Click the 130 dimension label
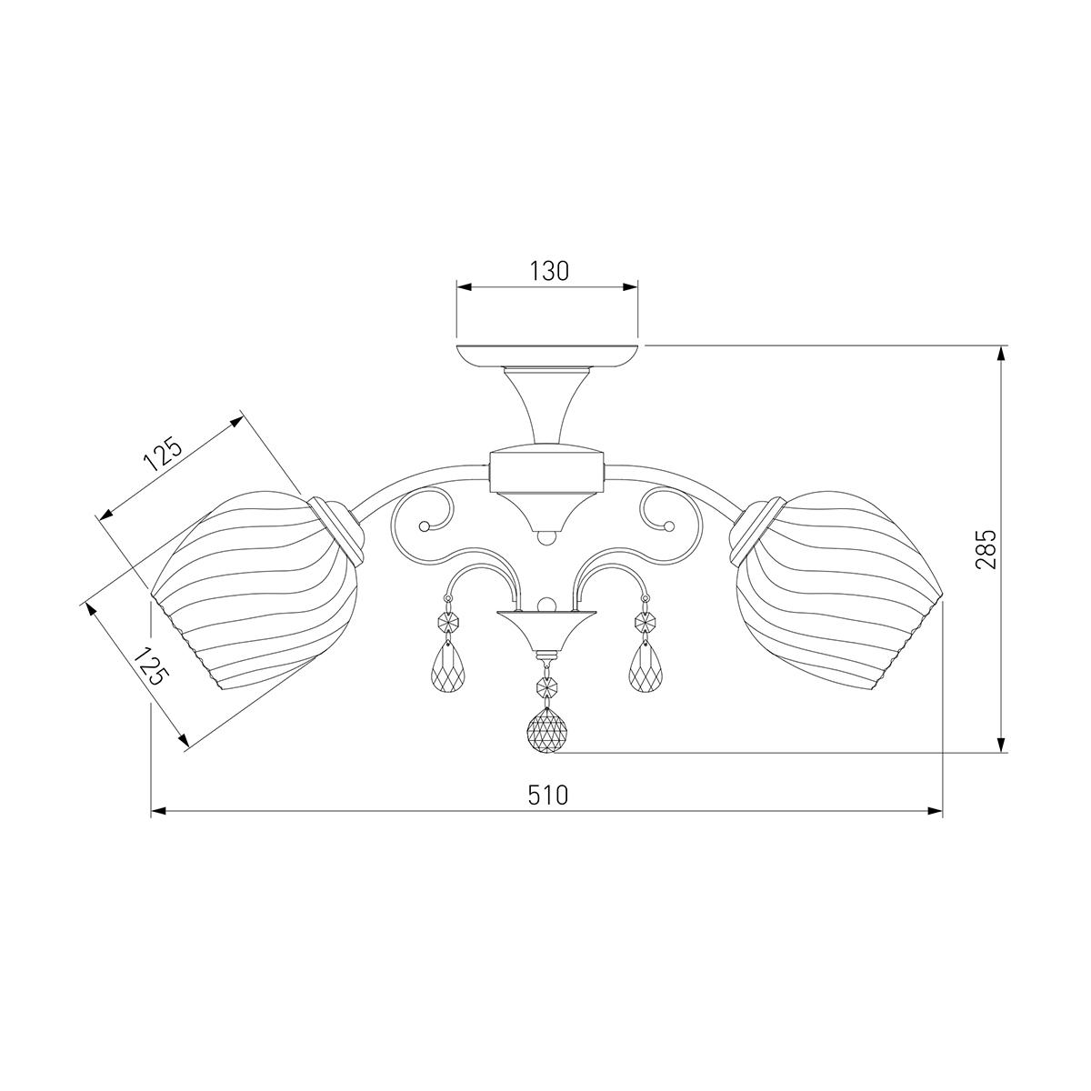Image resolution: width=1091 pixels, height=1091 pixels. [x=548, y=272]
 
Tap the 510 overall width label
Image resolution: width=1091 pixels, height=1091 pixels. [x=547, y=796]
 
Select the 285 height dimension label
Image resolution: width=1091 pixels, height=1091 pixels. [x=986, y=550]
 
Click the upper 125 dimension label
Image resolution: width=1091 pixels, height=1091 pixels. [x=164, y=455]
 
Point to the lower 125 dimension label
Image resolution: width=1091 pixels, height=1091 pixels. [x=152, y=666]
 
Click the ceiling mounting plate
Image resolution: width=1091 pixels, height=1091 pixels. [x=547, y=356]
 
